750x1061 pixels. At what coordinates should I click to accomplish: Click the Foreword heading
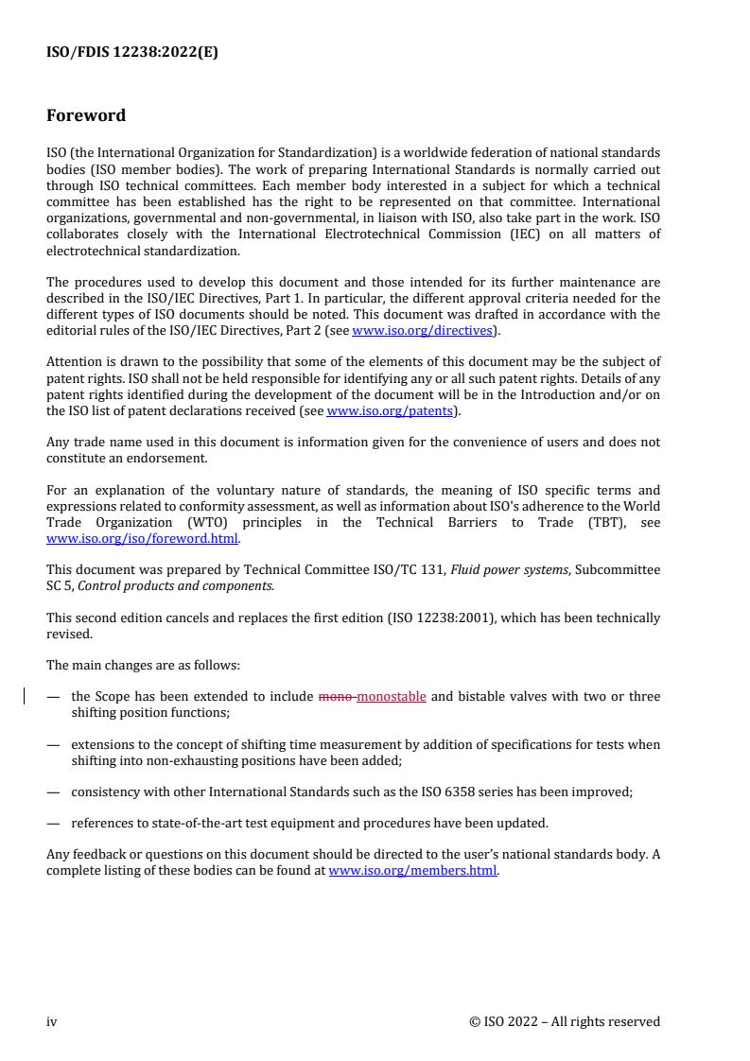[x=86, y=116]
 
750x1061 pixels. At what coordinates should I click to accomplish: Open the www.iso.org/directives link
[x=422, y=330]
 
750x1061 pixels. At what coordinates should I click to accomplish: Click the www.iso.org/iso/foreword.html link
[x=143, y=540]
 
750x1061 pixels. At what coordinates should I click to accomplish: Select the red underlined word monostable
[x=392, y=697]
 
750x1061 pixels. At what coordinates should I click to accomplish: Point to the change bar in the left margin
[x=26, y=697]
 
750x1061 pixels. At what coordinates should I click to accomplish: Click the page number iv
[x=52, y=1021]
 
